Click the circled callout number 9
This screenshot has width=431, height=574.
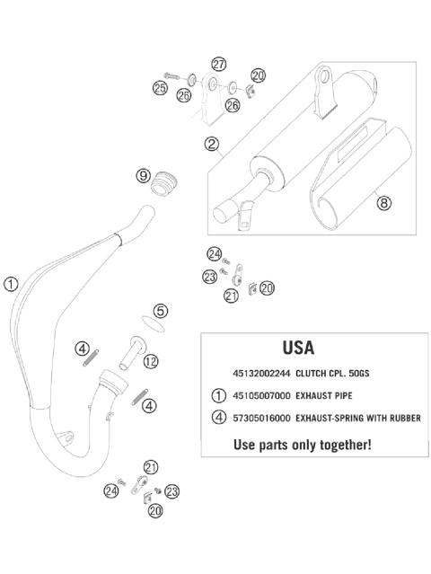coord(144,176)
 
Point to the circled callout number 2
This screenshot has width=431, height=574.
coord(212,144)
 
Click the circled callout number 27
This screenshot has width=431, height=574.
coord(219,64)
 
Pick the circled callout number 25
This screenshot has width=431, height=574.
coord(160,88)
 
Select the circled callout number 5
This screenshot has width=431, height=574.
coord(161,311)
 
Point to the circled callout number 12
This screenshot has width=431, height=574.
coord(151,361)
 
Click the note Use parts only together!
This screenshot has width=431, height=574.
coord(302,444)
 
